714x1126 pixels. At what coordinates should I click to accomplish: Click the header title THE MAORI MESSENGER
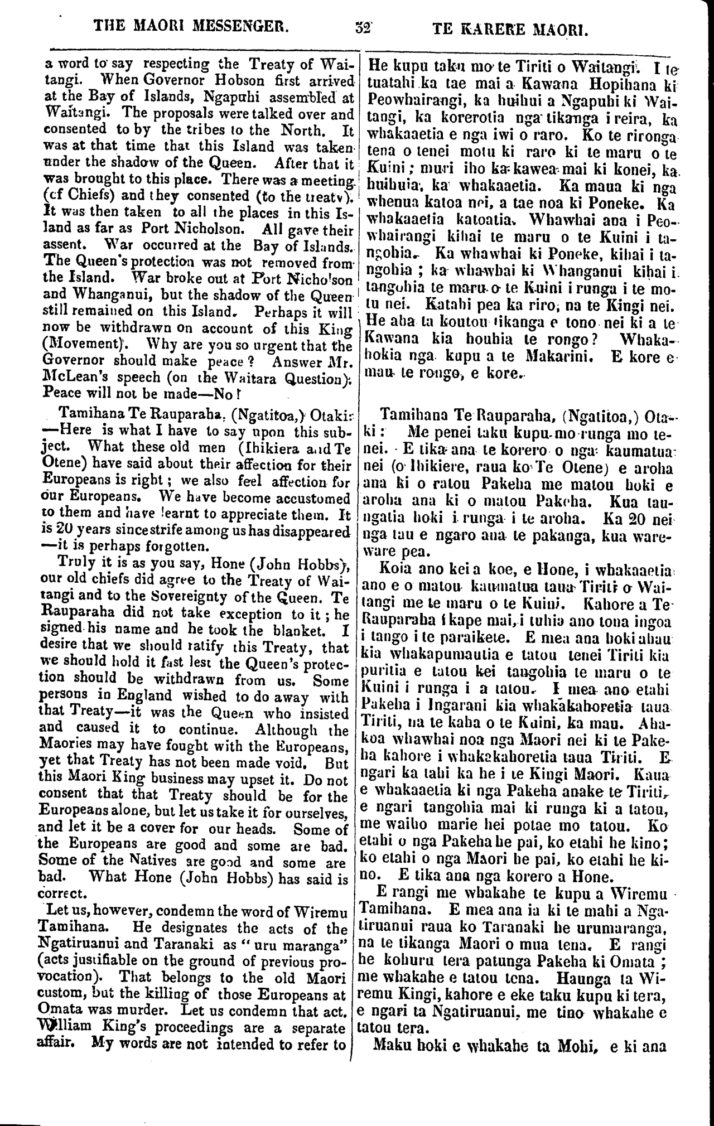tap(191, 26)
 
